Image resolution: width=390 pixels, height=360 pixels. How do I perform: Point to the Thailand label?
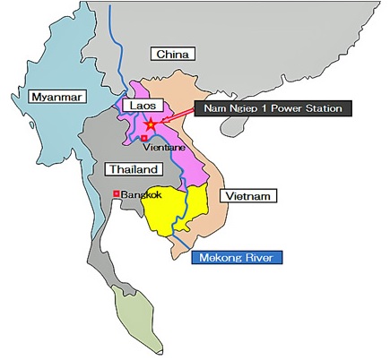[134, 169]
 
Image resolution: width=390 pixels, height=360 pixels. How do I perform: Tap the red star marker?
[152, 124]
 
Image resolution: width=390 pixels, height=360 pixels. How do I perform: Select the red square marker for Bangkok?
[116, 193]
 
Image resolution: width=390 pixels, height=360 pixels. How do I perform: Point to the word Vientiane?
[162, 146]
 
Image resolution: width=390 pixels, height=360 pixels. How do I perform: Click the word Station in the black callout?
[323, 109]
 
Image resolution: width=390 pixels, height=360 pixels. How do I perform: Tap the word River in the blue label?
[264, 258]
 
